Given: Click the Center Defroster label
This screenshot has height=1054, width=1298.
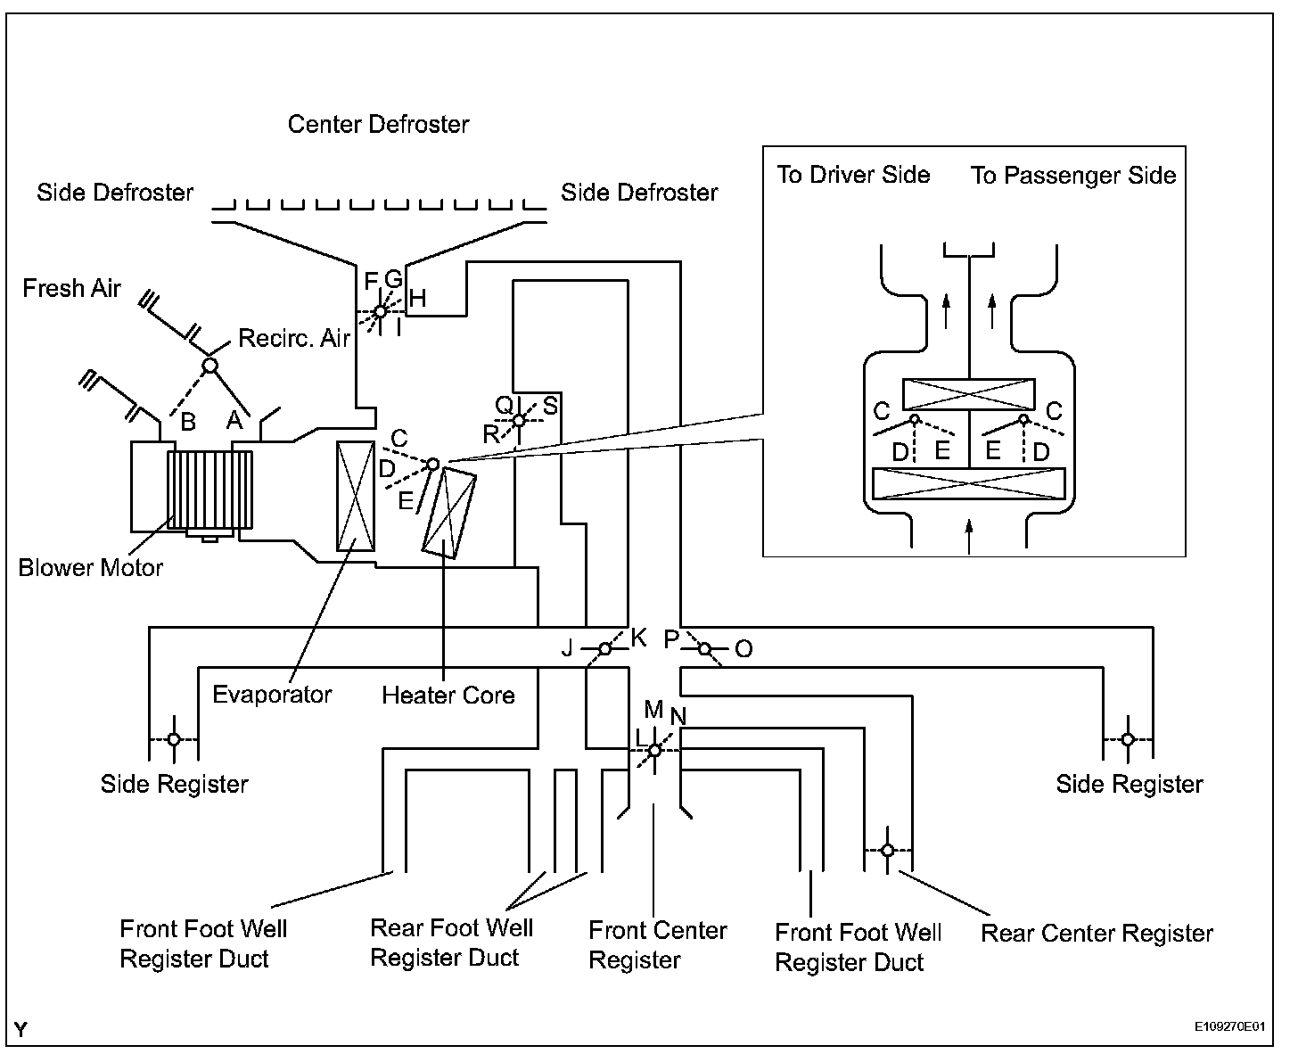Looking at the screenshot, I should (x=378, y=124).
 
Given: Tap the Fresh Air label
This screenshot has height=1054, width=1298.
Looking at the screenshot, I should (x=71, y=288).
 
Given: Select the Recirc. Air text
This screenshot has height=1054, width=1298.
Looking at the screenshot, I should (x=294, y=338).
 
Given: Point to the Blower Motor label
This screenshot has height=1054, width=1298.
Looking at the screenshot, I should (x=91, y=567).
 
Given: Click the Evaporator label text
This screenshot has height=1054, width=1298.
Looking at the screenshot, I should (x=272, y=694).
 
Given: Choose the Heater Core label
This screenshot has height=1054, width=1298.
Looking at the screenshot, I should (x=448, y=695).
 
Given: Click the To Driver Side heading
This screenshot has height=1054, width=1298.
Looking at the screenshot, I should (x=853, y=175).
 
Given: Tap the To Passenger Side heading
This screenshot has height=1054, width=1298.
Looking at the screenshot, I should (x=1073, y=175).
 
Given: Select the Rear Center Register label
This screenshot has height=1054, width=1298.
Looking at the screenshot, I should (x=1097, y=933).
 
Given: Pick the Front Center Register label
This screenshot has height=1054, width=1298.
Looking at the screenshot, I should (x=657, y=945).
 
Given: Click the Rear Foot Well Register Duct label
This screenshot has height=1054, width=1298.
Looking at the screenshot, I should (x=451, y=943).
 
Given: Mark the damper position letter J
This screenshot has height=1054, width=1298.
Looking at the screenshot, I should (x=568, y=648).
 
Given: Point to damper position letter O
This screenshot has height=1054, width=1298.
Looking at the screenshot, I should (x=743, y=648).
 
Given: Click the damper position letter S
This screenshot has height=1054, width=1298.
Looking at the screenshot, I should (x=550, y=406).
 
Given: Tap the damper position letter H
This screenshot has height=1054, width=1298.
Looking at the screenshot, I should (x=417, y=299).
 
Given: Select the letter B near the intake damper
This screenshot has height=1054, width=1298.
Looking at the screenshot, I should (x=188, y=422).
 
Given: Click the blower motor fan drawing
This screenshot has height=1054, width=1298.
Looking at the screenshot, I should (x=209, y=490).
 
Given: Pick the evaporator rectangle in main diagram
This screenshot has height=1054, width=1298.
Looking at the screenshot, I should (x=356, y=496).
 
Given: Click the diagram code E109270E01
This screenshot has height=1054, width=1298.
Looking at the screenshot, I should (x=1230, y=1026).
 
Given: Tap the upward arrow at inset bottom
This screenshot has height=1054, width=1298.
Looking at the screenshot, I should (x=969, y=538).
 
